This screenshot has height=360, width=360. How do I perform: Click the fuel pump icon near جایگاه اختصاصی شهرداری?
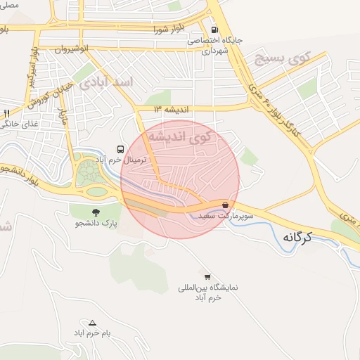point(214,30)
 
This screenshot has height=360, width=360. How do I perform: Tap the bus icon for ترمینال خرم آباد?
point(121,150)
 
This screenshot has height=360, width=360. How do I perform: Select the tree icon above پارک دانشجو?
point(96,212)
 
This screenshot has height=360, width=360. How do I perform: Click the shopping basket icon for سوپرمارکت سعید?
point(225,205)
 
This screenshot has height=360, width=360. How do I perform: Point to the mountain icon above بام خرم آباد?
point(91,322)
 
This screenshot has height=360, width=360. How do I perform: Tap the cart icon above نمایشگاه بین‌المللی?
point(207,276)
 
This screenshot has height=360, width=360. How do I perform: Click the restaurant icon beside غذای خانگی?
point(6,113)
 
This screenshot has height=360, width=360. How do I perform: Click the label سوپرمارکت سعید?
point(217,217)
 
